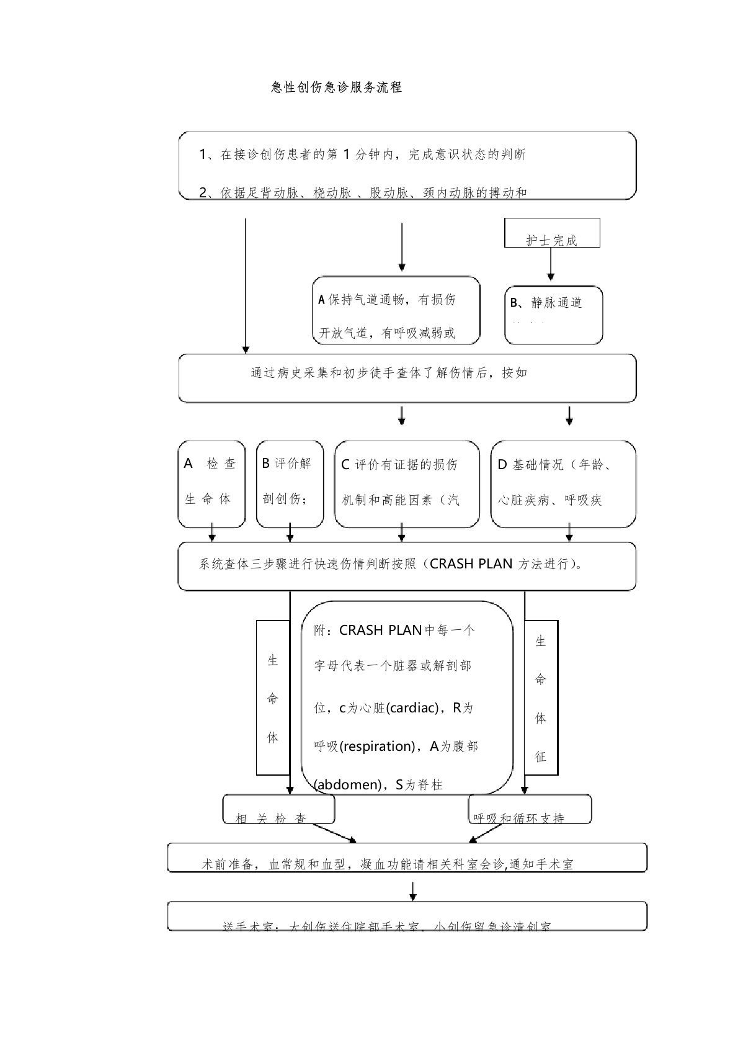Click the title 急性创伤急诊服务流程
click(x=337, y=87)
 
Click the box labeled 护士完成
click(x=552, y=233)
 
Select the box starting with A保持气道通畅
click(x=396, y=310)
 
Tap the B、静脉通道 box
click(x=553, y=315)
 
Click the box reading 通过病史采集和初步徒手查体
click(x=407, y=378)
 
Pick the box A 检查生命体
click(x=211, y=484)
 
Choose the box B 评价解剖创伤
click(x=290, y=484)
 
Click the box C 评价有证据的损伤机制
click(x=407, y=484)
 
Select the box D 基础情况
click(x=563, y=484)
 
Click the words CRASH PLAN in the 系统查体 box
click(x=471, y=564)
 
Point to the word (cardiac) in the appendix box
click(x=413, y=708)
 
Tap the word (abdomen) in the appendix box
click(x=347, y=785)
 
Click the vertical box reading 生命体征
click(x=541, y=698)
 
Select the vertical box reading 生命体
click(x=273, y=698)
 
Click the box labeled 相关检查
click(x=278, y=810)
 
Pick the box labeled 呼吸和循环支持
click(x=529, y=810)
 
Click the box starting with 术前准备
click(x=407, y=858)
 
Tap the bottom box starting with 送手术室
click(x=407, y=916)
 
